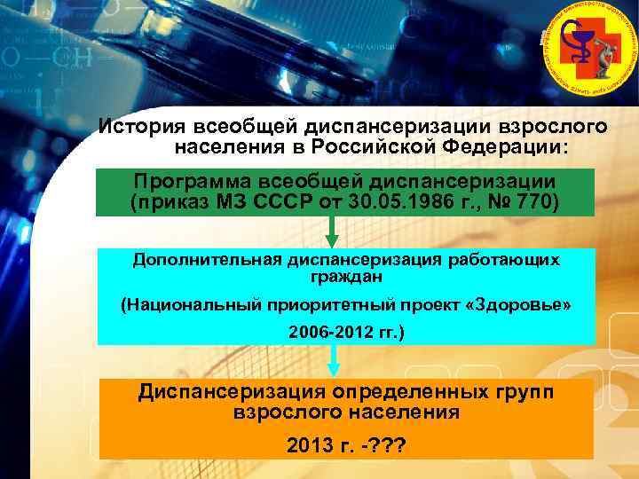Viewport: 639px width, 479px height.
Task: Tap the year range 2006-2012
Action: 331,334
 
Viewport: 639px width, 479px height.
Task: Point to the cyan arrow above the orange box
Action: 335,360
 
